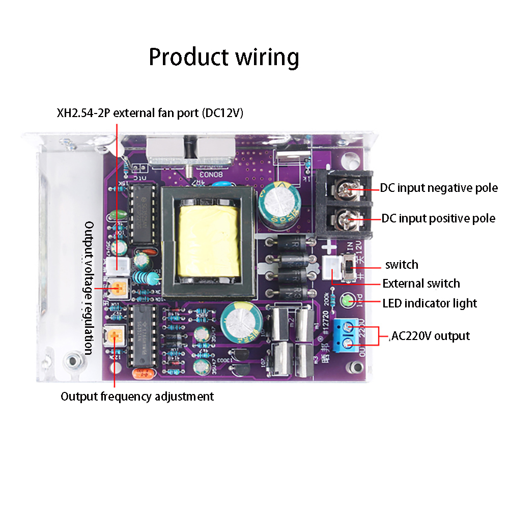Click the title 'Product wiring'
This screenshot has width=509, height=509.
click(x=223, y=57)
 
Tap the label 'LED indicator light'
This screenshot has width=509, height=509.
click(x=430, y=303)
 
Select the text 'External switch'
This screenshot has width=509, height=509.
click(x=421, y=284)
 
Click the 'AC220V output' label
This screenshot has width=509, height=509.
click(x=430, y=336)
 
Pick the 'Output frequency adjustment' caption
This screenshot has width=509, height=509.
click(x=137, y=397)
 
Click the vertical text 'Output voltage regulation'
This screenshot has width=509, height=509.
click(x=89, y=288)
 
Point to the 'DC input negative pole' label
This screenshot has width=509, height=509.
click(x=439, y=188)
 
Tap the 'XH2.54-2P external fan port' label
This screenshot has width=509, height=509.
click(x=150, y=113)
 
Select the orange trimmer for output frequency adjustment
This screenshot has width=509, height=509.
click(x=114, y=336)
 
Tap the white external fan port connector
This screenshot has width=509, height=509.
click(x=117, y=264)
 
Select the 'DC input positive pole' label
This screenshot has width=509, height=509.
click(x=438, y=218)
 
